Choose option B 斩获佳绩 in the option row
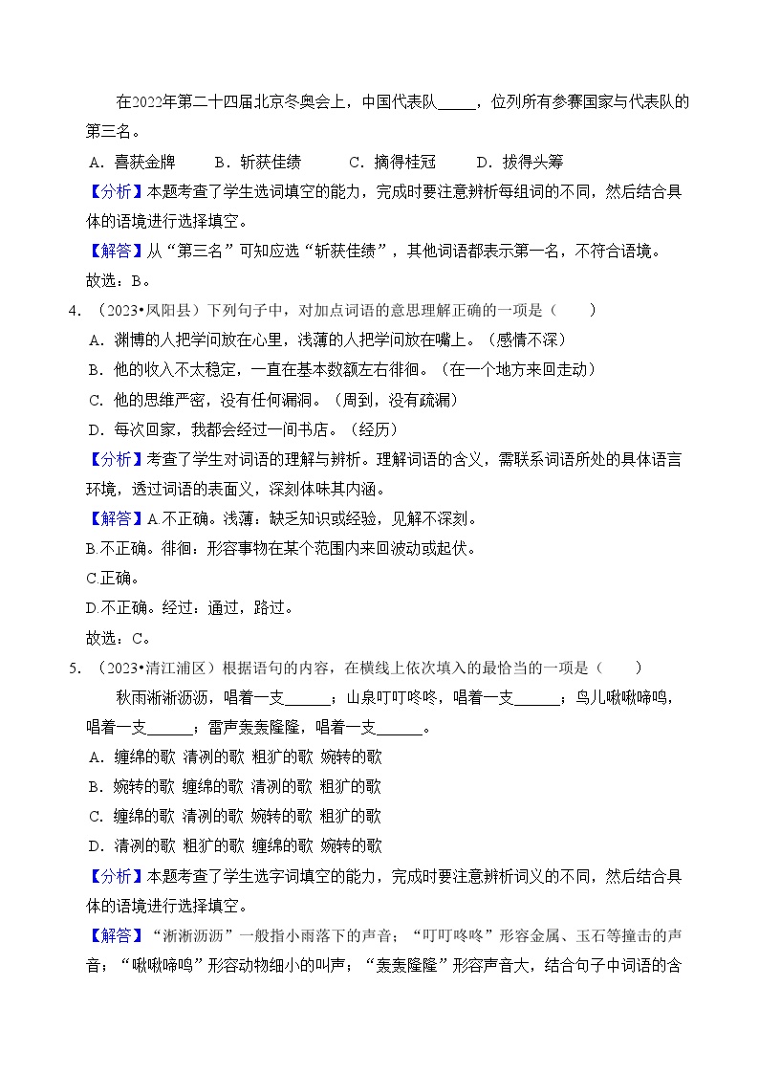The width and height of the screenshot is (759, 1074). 263,162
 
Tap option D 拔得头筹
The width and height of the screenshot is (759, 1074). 526,162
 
